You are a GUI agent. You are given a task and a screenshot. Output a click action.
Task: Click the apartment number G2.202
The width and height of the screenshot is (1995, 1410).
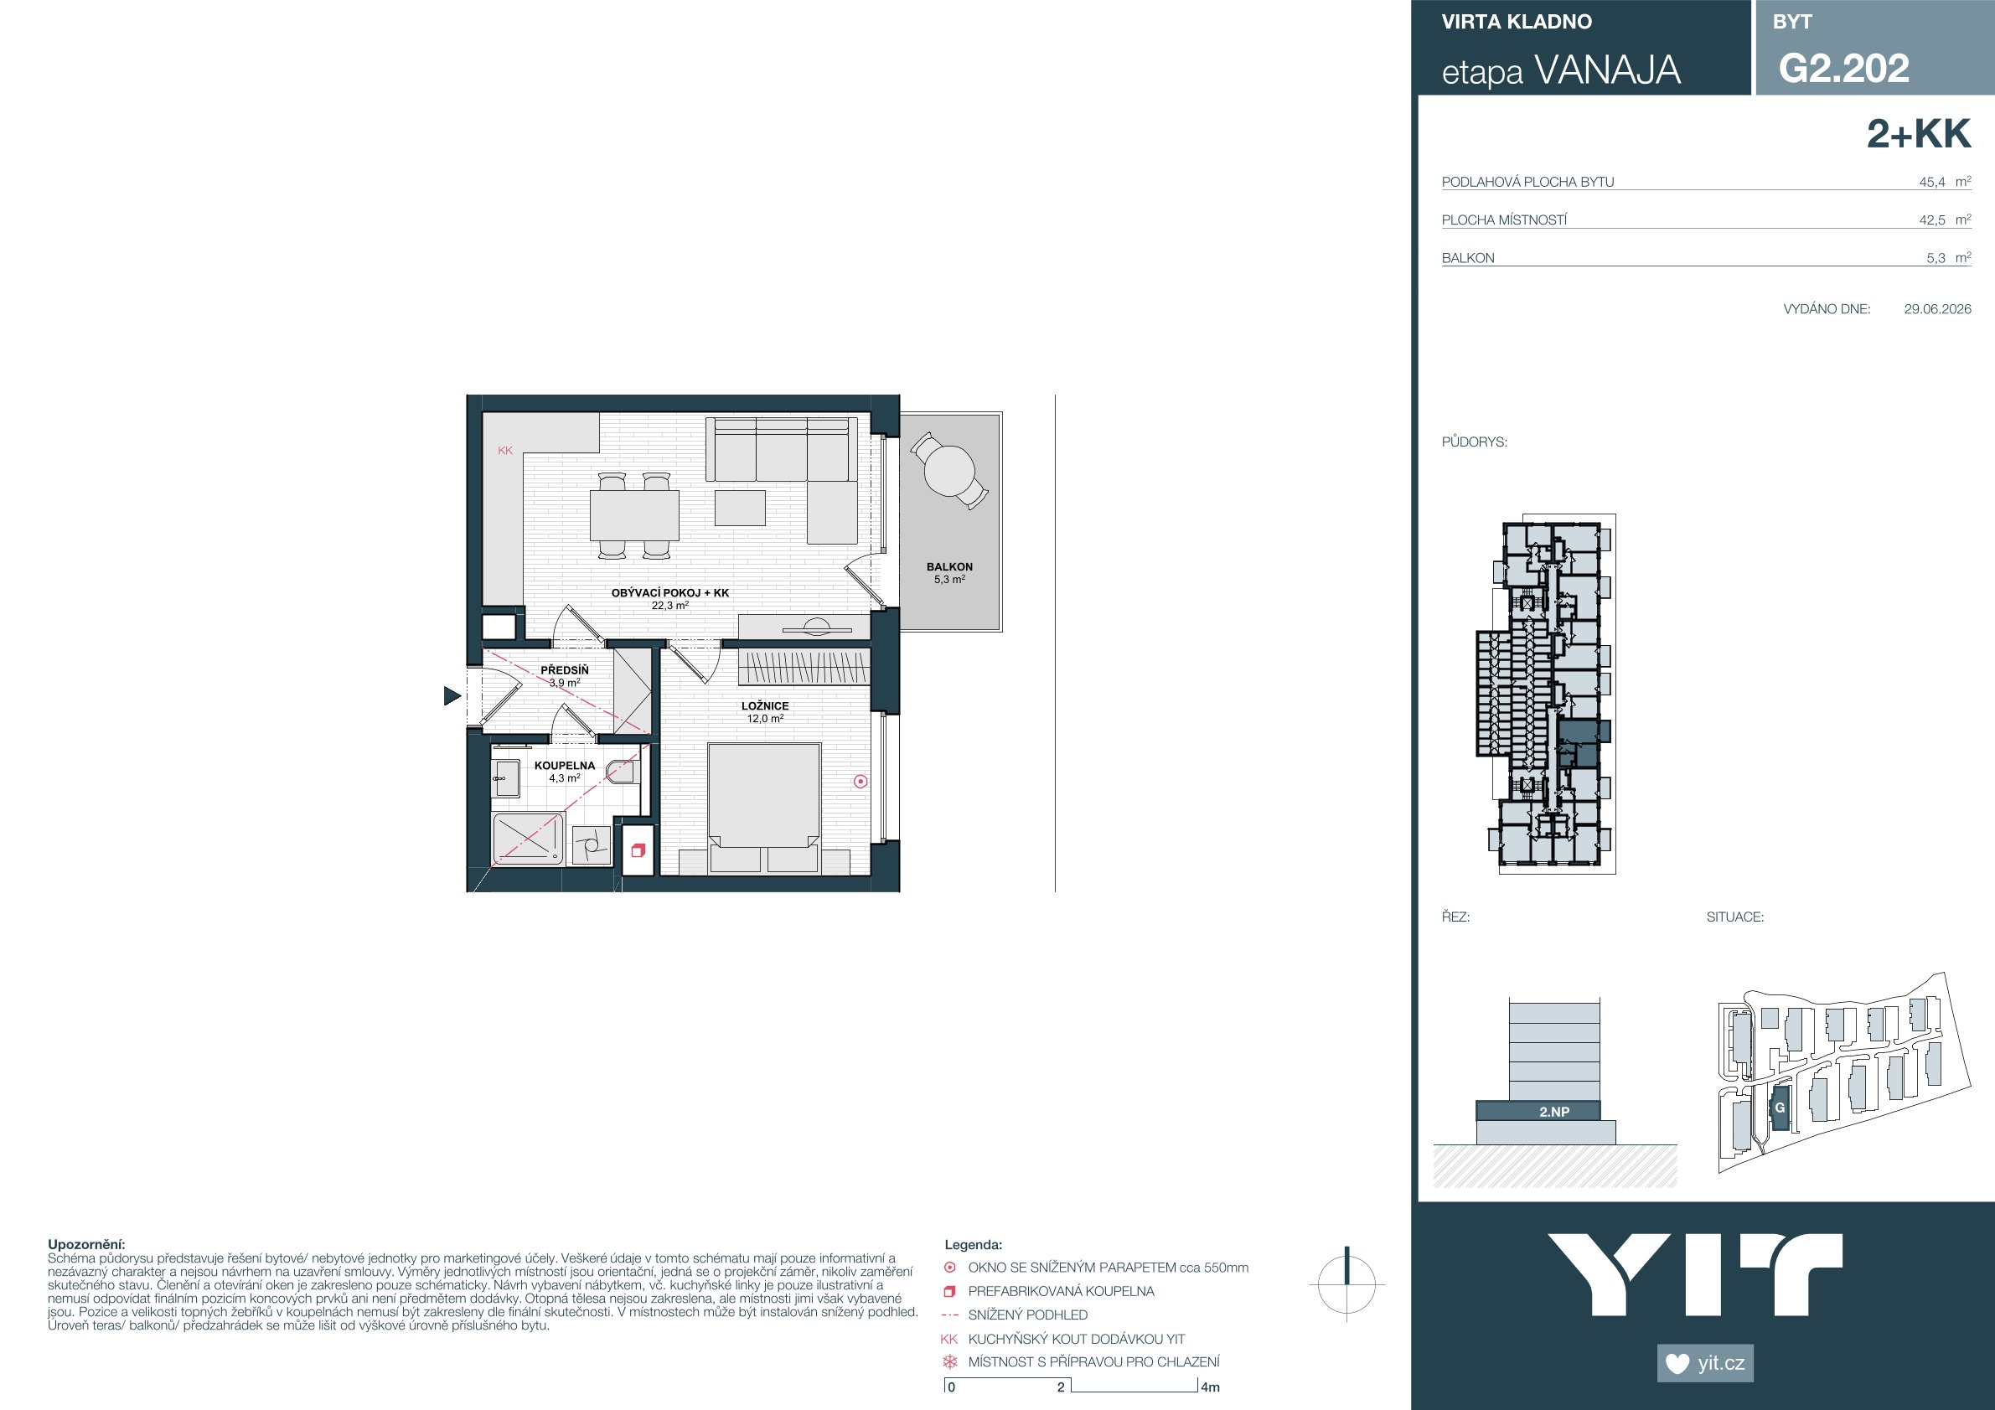pyautogui.click(x=1844, y=68)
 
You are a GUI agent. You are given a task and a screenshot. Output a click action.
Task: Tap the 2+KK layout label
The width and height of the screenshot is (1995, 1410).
pyautogui.click(x=1919, y=134)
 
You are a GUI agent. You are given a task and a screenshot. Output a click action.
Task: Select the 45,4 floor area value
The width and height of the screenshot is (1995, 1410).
pyautogui.click(x=1931, y=183)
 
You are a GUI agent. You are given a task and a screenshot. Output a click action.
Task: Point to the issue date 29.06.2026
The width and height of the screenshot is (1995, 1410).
pyautogui.click(x=1938, y=308)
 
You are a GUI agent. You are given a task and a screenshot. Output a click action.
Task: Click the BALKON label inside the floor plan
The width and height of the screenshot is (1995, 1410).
pyautogui.click(x=948, y=566)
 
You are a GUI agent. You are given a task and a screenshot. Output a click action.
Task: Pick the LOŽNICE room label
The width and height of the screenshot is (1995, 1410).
pyautogui.click(x=765, y=706)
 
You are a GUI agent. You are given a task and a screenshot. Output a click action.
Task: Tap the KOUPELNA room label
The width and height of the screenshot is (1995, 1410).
pyautogui.click(x=565, y=766)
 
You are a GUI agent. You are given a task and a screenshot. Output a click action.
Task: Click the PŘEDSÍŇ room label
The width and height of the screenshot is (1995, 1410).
pyautogui.click(x=565, y=670)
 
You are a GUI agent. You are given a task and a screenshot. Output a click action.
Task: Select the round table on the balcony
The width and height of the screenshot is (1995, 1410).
pyautogui.click(x=948, y=470)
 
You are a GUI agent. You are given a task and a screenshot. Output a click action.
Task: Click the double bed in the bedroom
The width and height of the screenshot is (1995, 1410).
pyautogui.click(x=765, y=808)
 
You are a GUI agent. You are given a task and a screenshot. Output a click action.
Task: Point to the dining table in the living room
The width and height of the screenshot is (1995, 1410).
pyautogui.click(x=634, y=515)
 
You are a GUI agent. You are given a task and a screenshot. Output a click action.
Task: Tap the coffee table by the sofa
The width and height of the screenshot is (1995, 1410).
pyautogui.click(x=741, y=508)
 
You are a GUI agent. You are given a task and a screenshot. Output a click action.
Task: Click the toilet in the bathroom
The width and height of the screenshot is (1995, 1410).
pyautogui.click(x=624, y=770)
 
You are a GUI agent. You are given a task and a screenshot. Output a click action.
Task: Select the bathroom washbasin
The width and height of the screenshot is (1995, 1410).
pyautogui.click(x=506, y=777)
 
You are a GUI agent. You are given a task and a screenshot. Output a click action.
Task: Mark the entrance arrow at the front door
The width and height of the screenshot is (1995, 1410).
pyautogui.click(x=452, y=695)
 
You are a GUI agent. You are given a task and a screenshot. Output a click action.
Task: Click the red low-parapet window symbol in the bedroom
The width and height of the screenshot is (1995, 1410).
pyautogui.click(x=861, y=781)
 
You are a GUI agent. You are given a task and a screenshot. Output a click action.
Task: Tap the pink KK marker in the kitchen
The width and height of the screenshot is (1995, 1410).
pyautogui.click(x=506, y=450)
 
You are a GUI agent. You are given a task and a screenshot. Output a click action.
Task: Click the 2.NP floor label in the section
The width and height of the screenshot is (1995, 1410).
pyautogui.click(x=1554, y=1111)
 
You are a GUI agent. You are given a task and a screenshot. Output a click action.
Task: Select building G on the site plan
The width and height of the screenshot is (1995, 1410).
pyautogui.click(x=1780, y=1108)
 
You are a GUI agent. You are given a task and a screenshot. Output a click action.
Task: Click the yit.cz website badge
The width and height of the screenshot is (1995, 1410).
pyautogui.click(x=1706, y=1363)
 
